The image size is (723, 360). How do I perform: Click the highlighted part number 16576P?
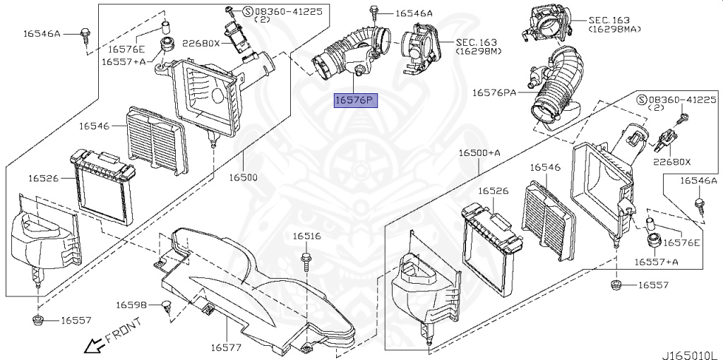[357, 101]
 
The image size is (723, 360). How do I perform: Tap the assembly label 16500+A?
[479, 153]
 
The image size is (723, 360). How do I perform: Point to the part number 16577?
[226, 347]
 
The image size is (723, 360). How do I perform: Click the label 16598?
[131, 305]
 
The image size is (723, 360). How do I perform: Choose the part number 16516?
[307, 236]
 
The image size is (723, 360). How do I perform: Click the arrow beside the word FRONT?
[91, 346]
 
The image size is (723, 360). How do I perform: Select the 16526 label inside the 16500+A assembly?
[493, 191]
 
